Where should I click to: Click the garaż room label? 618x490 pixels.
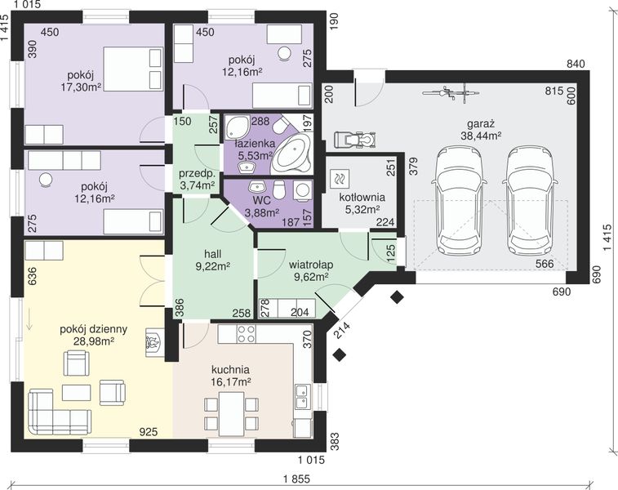click(x=481, y=124)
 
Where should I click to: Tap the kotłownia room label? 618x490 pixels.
click(x=362, y=197)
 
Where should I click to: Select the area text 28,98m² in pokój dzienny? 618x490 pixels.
click(x=94, y=341)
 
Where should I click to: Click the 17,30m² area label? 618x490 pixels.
click(x=81, y=87)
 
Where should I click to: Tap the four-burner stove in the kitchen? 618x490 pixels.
click(x=246, y=334)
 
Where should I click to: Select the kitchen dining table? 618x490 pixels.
click(x=231, y=415)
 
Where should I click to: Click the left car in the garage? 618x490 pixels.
click(x=460, y=201)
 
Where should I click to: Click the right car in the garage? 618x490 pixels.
click(x=529, y=201)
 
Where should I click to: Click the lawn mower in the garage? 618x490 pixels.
click(x=355, y=139)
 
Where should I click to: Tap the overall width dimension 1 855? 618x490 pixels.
click(x=296, y=479)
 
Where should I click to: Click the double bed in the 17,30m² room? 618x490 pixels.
click(x=133, y=69)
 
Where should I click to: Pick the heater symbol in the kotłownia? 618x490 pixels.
click(x=339, y=177)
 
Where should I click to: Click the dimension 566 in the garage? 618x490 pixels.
click(x=545, y=264)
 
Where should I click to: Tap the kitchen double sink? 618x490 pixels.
click(x=303, y=397)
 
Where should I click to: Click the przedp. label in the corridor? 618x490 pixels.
click(x=197, y=174)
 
